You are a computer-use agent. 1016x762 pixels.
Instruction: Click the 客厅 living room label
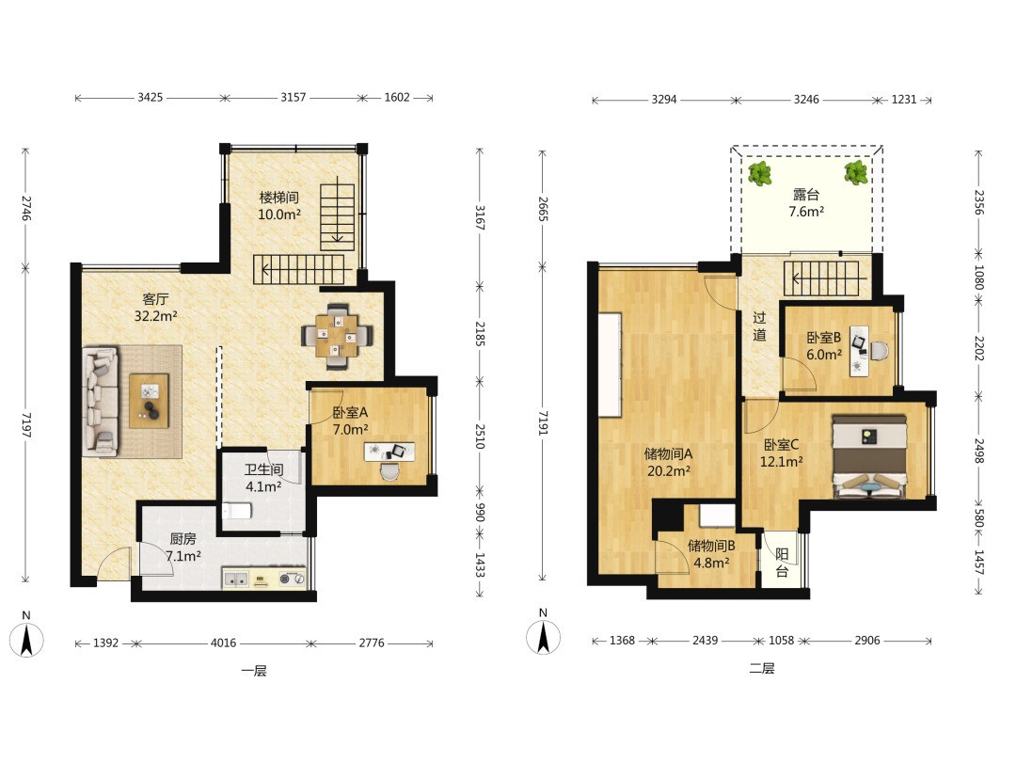click(155, 299)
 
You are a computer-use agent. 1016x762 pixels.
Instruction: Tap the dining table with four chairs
click(337, 336)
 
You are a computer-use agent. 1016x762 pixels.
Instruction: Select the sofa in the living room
click(101, 401)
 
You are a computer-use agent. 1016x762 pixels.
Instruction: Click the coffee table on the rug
click(149, 401)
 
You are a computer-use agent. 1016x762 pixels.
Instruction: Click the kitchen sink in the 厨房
click(236, 579)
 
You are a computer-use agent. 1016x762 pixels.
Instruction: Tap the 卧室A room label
click(350, 412)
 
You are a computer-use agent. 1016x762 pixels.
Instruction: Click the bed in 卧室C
click(869, 457)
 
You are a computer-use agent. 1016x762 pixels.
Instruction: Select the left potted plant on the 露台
click(759, 173)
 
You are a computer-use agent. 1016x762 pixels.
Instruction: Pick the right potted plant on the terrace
click(856, 172)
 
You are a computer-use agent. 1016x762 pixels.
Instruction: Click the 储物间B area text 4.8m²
click(711, 564)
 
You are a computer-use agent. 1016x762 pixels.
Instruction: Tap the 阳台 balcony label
click(782, 563)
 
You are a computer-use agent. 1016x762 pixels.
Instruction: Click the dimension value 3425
click(151, 97)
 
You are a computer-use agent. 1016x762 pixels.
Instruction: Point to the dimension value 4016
click(224, 643)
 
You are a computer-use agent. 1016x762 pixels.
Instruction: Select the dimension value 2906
click(867, 641)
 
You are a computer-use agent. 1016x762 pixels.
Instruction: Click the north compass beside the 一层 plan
click(26, 639)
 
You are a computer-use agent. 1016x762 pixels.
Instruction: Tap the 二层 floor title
click(762, 668)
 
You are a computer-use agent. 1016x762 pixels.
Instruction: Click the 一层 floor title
click(254, 671)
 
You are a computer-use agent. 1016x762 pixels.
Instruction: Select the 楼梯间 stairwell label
click(279, 197)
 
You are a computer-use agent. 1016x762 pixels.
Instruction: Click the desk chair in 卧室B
click(880, 351)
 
